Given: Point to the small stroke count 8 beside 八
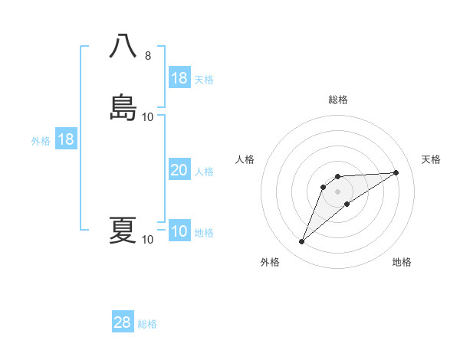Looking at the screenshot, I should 148,56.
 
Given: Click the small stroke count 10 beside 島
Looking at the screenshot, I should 148,117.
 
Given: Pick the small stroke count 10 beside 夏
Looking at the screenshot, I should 148,240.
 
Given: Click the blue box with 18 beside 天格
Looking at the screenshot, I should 179,78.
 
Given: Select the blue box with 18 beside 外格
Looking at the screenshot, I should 66,140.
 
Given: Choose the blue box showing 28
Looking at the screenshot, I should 123,322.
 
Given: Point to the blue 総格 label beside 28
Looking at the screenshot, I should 147,324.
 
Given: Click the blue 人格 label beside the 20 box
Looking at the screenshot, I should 205,172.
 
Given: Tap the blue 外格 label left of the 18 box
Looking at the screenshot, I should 41,141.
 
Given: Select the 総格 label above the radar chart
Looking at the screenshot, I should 338,100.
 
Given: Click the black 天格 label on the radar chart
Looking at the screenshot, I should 432,159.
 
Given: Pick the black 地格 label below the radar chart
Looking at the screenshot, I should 402,262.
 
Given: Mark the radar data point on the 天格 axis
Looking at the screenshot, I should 396,172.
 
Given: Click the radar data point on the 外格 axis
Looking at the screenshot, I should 302,242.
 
